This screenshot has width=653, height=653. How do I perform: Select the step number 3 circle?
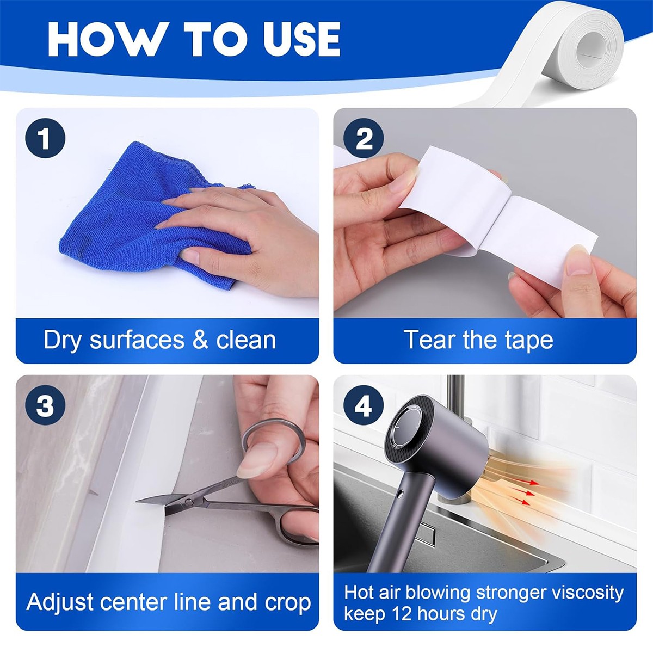point(45,405)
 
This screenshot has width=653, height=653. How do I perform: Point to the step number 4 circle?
point(364,405)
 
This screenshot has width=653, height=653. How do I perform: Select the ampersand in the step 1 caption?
point(200,340)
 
